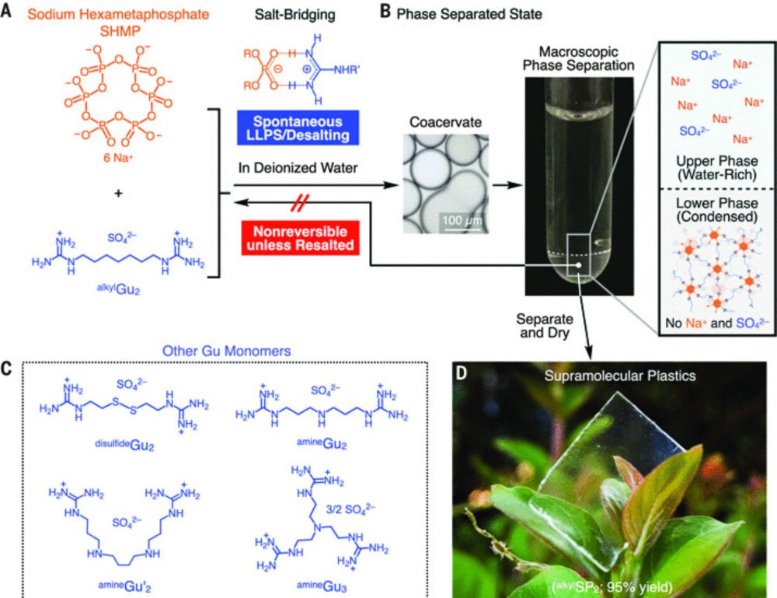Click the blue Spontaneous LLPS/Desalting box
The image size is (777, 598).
298,128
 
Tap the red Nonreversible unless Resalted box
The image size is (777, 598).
300,238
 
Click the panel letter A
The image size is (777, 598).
5,10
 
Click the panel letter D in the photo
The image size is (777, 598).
461,373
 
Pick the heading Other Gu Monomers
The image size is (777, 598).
226,351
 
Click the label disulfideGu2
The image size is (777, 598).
124,445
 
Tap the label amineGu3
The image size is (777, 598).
322,586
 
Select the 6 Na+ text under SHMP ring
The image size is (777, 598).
118,159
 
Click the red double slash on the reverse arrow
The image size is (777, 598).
299,202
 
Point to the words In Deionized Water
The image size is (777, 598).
298,168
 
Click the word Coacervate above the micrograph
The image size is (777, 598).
445,122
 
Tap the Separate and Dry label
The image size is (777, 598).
545,325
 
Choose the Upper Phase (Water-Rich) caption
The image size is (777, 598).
717,168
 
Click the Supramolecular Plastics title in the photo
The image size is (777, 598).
620,376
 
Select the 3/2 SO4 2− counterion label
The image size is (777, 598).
350,509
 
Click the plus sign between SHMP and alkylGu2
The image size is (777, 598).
118,194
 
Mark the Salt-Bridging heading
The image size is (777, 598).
294,15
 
